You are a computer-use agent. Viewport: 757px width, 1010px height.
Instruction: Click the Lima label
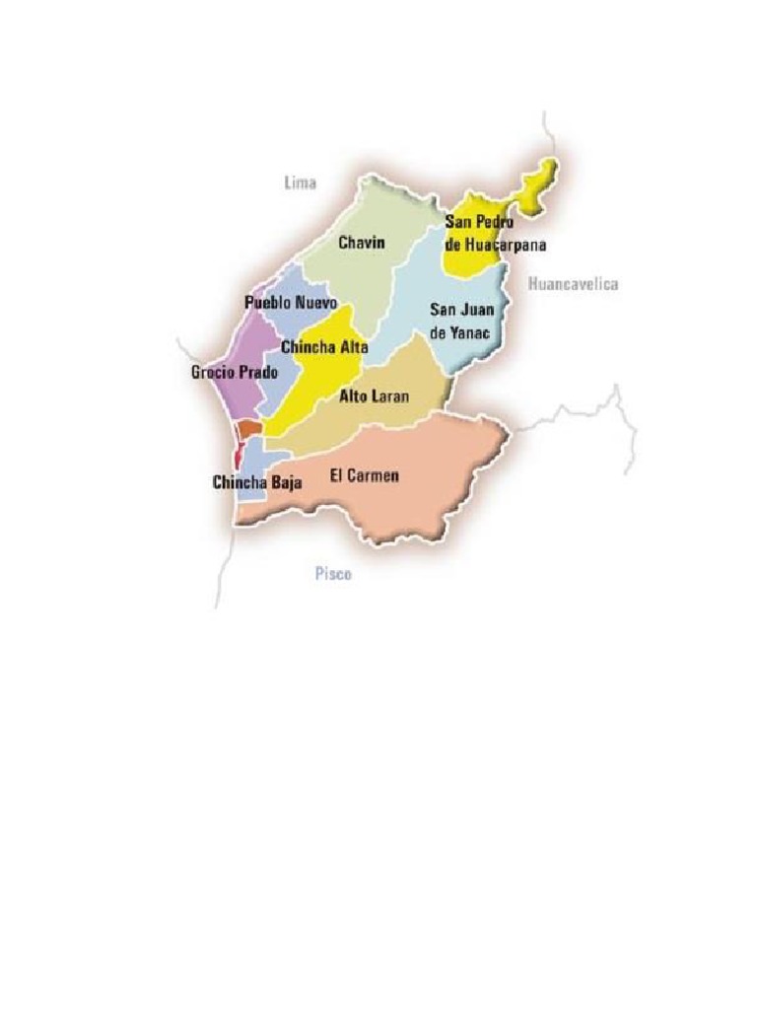tap(300, 183)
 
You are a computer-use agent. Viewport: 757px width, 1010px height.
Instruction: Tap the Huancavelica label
tap(573, 284)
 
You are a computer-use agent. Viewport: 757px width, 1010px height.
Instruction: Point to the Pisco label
tap(333, 575)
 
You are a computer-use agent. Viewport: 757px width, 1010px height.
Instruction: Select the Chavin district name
tap(361, 242)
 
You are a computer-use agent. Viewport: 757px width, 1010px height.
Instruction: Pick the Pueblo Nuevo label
tap(291, 303)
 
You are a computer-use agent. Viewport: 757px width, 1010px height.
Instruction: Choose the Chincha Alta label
tap(324, 347)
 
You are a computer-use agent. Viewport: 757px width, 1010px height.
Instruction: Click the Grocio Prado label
tap(235, 373)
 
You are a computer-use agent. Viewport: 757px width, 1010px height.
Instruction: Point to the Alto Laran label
tap(374, 397)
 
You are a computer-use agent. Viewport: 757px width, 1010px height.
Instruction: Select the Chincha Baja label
tap(257, 482)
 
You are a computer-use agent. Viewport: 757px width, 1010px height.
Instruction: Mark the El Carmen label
tap(364, 475)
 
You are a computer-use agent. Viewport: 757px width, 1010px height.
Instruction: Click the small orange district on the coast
tap(249, 429)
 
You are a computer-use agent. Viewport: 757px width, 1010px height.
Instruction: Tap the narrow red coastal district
tap(238, 457)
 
